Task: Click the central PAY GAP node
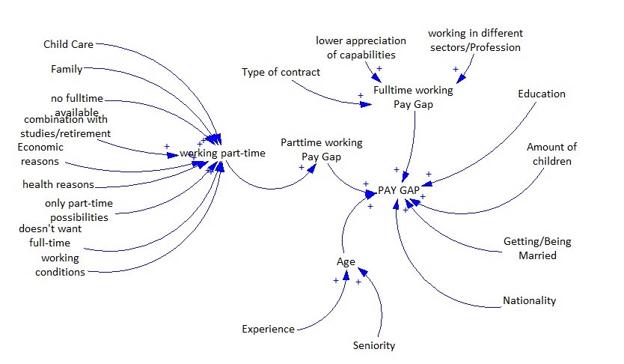399,190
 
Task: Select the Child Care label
68,44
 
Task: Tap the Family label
67,70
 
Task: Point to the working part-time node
223,154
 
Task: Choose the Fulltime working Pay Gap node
413,97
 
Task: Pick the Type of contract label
281,72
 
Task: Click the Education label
542,94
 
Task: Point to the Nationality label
530,300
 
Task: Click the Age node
346,262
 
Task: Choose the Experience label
268,329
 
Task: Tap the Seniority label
373,345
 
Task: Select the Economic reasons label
40,154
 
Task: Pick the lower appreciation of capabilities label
361,48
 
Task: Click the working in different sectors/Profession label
475,40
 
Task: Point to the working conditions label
61,265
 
